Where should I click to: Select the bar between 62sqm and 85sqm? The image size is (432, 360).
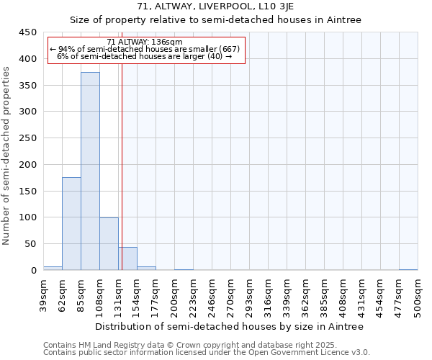(x=71, y=224)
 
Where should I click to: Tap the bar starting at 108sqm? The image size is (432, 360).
(x=109, y=244)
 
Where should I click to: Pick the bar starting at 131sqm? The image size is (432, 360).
(x=127, y=259)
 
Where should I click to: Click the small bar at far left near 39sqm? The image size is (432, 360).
(x=53, y=268)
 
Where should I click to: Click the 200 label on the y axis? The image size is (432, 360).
(x=27, y=165)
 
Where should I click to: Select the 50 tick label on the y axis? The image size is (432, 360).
(x=30, y=244)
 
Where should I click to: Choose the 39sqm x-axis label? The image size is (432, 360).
(x=43, y=294)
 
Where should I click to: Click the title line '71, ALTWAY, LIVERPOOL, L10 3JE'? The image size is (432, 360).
(x=215, y=7)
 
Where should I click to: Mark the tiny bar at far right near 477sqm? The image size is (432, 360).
(x=408, y=269)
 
